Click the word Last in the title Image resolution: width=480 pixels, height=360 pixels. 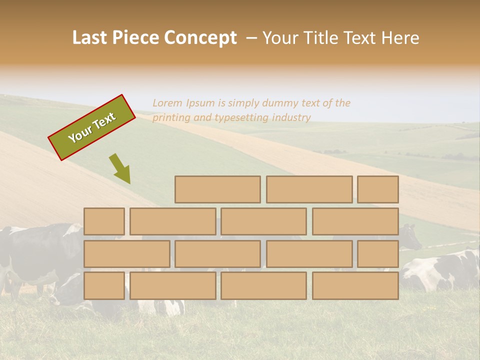coord(90,38)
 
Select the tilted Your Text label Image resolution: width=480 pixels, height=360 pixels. coord(92,127)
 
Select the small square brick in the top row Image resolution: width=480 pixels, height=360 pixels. coord(378,189)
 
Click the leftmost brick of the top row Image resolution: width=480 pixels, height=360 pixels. coord(217,189)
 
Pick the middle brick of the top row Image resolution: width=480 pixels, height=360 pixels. coord(309,189)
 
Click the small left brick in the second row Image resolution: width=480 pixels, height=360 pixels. coord(104,221)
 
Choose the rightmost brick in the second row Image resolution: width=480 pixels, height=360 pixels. coord(355,221)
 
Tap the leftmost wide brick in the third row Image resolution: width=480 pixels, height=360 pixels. coord(126,254)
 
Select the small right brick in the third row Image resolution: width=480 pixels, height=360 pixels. coord(378,254)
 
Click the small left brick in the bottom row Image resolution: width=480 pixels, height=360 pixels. coord(104,286)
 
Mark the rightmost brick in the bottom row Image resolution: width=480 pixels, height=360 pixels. coord(355,286)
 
